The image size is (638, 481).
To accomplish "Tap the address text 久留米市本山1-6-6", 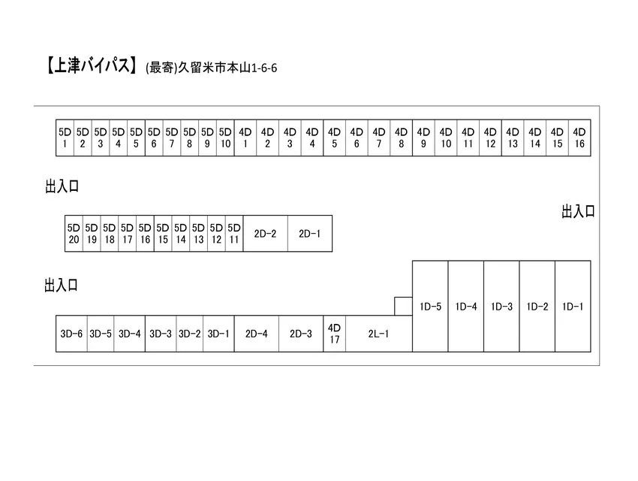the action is pyautogui.click(x=228, y=68).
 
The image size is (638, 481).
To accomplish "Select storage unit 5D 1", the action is pyautogui.click(x=65, y=138).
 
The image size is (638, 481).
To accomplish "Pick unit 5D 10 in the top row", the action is pyautogui.click(x=225, y=138).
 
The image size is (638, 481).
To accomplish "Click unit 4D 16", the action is pyautogui.click(x=579, y=138).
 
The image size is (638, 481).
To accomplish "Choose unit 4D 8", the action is pyautogui.click(x=402, y=138).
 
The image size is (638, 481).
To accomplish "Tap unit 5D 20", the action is pyautogui.click(x=74, y=234).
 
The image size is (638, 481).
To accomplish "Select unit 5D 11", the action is pyautogui.click(x=234, y=234).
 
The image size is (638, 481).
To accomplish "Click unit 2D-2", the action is pyautogui.click(x=265, y=234).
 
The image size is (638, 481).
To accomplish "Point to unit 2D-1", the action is pyautogui.click(x=310, y=234).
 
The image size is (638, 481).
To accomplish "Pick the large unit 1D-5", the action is pyautogui.click(x=430, y=307).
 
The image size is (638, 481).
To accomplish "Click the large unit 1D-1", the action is pyautogui.click(x=573, y=307).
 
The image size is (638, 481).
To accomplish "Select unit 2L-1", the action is pyautogui.click(x=379, y=334).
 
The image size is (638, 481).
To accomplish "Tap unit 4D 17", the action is pyautogui.click(x=335, y=334).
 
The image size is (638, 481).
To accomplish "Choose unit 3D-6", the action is pyautogui.click(x=71, y=334).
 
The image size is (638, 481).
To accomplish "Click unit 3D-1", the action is pyautogui.click(x=218, y=334).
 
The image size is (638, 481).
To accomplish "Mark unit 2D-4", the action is pyautogui.click(x=257, y=334).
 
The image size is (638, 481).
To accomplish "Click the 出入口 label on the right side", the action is pyautogui.click(x=578, y=211).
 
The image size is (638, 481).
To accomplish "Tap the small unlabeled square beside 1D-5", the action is pyautogui.click(x=403, y=307).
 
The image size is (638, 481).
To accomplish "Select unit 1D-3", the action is pyautogui.click(x=501, y=307).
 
